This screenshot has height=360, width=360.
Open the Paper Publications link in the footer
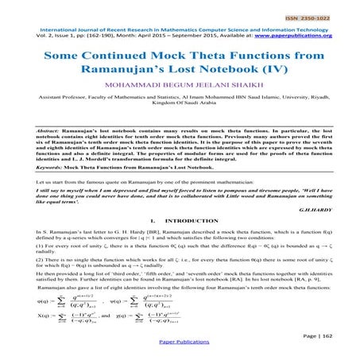coord(180,354)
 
